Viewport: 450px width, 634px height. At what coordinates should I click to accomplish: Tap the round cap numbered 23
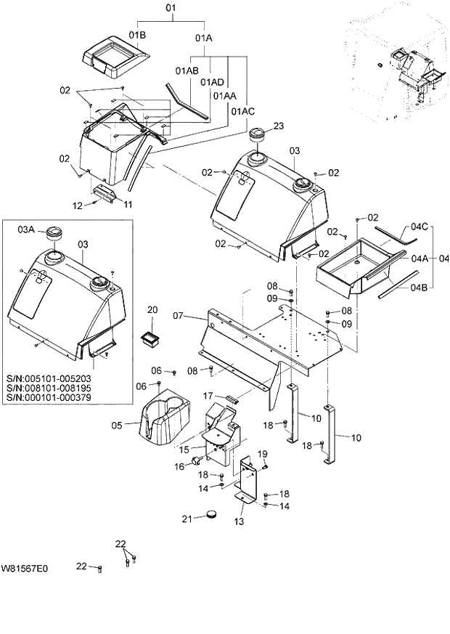click(258, 135)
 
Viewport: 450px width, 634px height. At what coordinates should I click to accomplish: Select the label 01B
click(138, 35)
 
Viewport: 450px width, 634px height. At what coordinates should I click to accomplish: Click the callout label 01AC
click(243, 111)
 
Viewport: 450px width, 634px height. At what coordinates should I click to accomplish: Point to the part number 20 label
click(152, 309)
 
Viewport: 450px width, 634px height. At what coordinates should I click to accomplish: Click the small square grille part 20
click(151, 336)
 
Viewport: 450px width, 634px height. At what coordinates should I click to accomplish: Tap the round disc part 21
click(211, 515)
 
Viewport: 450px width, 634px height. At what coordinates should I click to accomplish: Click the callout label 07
click(181, 316)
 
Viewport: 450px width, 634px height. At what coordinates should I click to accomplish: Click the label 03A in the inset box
click(26, 229)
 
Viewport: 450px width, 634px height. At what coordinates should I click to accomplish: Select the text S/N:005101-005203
click(45, 378)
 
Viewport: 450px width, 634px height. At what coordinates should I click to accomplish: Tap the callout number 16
click(179, 467)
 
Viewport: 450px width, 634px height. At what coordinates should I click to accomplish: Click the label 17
click(208, 396)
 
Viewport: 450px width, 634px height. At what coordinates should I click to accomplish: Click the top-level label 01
click(171, 9)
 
